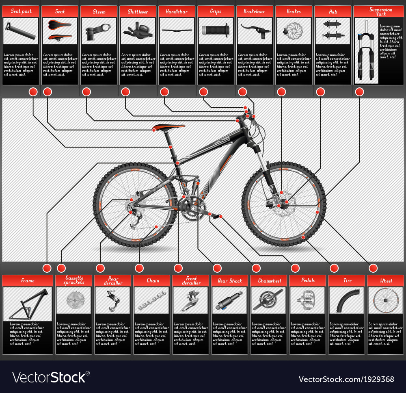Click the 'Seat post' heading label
pyautogui.click(x=21, y=11)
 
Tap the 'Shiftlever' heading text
pyautogui.click(x=138, y=11)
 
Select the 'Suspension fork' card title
pyautogui.click(x=373, y=11)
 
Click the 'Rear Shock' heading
pyautogui.click(x=229, y=281)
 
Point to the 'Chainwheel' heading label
pyautogui.click(x=268, y=281)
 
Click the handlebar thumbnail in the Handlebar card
pyautogui.click(x=177, y=30)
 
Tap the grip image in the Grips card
pyautogui.click(x=216, y=30)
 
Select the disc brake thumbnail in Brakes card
pyautogui.click(x=294, y=31)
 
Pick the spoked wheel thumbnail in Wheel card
pyautogui.click(x=385, y=301)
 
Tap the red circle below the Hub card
pyautogui.click(x=320, y=92)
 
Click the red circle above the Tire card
pyautogui.click(x=334, y=268)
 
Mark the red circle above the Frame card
pyautogui.click(x=47, y=268)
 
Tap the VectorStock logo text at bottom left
pyautogui.click(x=51, y=378)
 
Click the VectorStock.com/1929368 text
pyautogui.click(x=346, y=379)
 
